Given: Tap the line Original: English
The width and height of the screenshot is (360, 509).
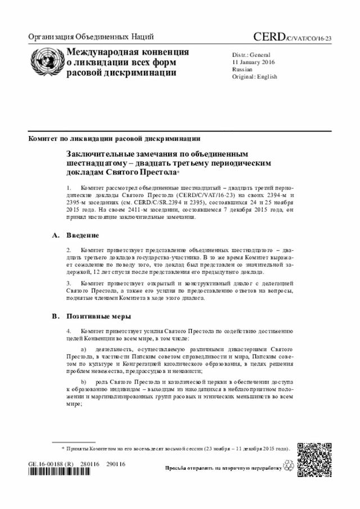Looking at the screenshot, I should (x=254, y=76).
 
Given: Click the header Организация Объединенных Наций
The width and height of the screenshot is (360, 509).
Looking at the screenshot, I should (x=91, y=37).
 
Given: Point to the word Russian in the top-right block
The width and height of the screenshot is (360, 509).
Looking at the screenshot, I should (x=242, y=69).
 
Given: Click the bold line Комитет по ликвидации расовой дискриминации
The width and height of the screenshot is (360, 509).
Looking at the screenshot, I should (x=115, y=138).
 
